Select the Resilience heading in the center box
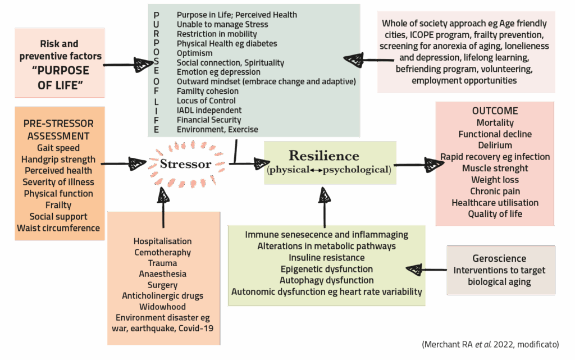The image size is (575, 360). (x=323, y=156)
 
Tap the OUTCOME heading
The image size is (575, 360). (x=495, y=111)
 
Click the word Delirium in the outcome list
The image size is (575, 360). (x=495, y=145)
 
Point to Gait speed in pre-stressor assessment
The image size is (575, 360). (x=58, y=148)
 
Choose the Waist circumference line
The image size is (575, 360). (x=58, y=228)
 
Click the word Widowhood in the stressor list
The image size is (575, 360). (x=163, y=306)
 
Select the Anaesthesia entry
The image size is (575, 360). (x=163, y=274)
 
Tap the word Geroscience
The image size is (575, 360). (x=499, y=258)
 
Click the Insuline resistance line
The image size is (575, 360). (x=326, y=257)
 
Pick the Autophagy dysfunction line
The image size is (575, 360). (x=327, y=280)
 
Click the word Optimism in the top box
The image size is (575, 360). (x=194, y=53)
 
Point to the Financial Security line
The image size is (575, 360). (x=209, y=120)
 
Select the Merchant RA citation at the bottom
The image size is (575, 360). (x=490, y=344)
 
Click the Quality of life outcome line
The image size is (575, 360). (x=495, y=213)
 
